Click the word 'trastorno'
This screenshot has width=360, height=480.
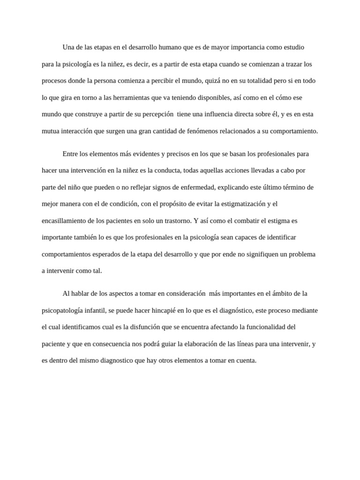coord(176,221)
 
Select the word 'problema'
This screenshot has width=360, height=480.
coord(302,255)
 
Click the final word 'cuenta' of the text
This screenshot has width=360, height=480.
coord(247,361)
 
